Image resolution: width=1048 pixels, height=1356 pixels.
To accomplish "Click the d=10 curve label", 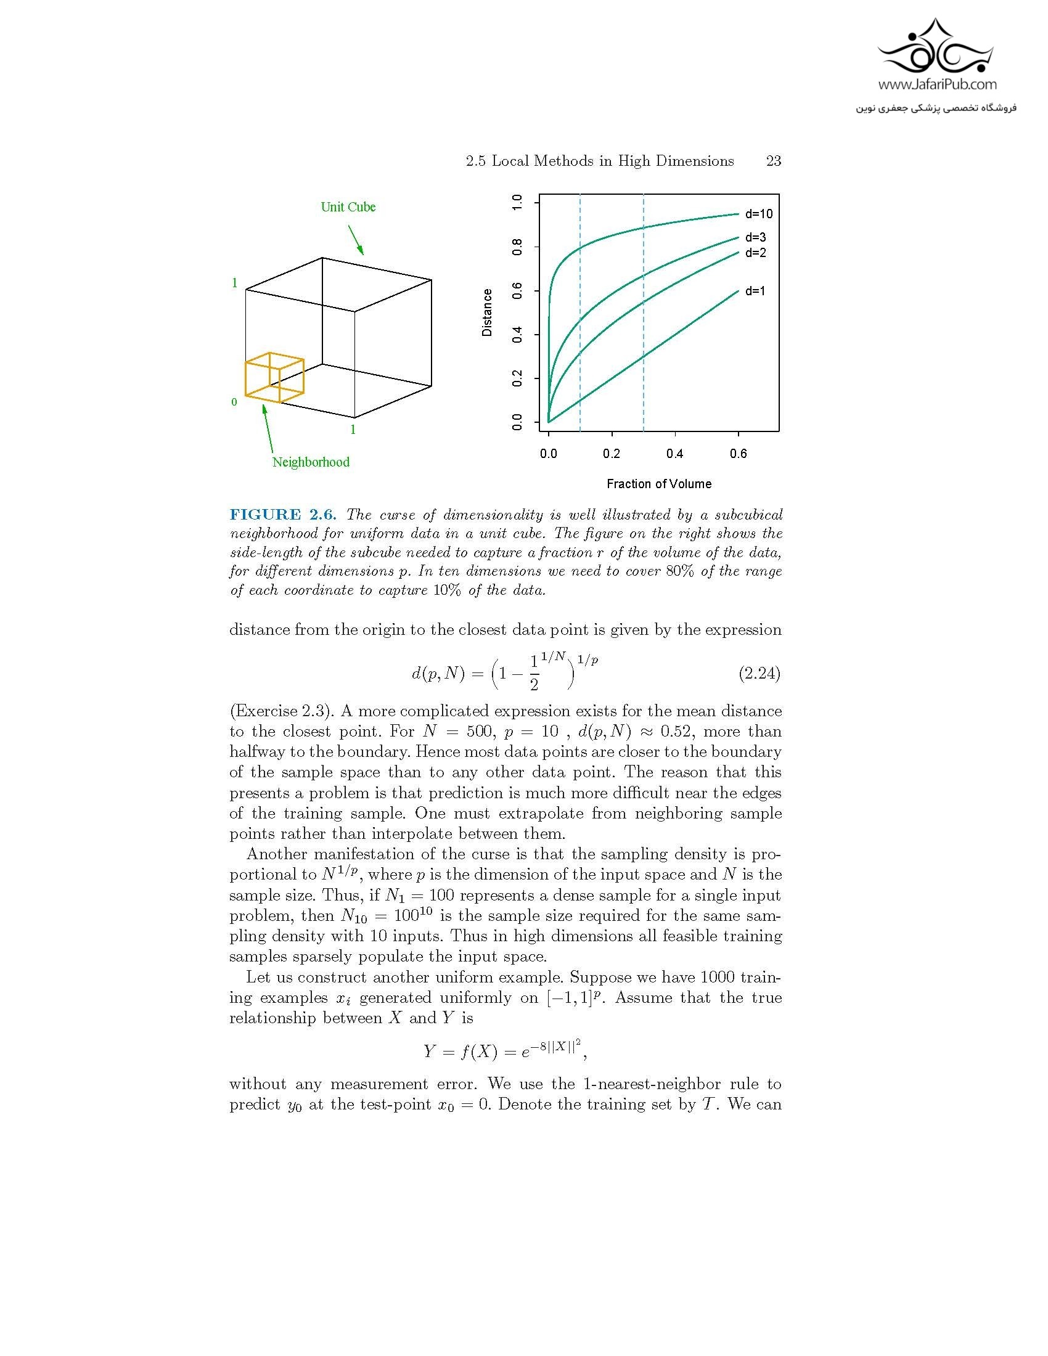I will coord(759,214).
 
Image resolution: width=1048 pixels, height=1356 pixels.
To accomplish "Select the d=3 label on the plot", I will coord(756,237).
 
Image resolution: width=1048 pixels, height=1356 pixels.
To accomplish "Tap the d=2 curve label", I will coord(756,253).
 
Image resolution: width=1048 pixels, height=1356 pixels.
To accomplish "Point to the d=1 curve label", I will coord(756,290).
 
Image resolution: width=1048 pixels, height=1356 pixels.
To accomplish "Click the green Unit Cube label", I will coord(348,207).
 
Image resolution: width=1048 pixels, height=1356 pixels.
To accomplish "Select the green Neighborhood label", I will coord(311,462).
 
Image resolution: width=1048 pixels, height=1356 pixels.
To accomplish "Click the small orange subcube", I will coord(274,377).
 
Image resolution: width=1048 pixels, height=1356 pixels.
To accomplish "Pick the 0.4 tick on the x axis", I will coord(675,454).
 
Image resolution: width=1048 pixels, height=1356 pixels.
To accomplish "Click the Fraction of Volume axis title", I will coord(659,484).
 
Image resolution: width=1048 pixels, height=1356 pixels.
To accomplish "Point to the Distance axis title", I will coord(488,312).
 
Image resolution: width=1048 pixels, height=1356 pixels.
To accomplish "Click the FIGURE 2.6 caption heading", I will coord(282,515).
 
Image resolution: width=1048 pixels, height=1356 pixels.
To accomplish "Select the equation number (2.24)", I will coord(759,674).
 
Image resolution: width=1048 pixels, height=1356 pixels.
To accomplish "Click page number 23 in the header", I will coord(773,161).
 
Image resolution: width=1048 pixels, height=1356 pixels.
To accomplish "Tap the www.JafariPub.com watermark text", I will coord(937,84).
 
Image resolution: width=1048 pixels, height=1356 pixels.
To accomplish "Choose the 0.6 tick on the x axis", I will coord(738,454).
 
